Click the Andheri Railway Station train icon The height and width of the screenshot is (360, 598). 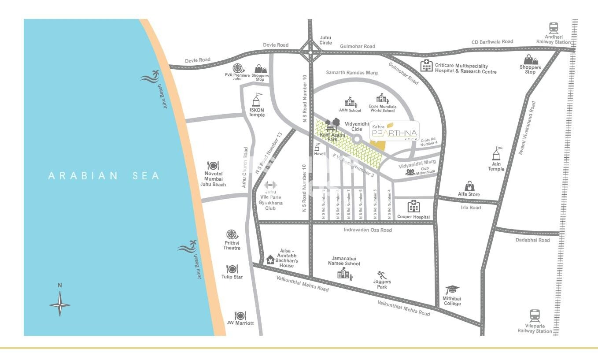click(554, 28)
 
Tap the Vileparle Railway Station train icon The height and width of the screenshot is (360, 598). click(535, 316)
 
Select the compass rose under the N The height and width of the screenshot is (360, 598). click(60, 304)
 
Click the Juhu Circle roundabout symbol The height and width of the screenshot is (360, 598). click(310, 52)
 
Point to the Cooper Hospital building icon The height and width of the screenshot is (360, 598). click(413, 206)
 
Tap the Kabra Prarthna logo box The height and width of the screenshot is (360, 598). click(394, 131)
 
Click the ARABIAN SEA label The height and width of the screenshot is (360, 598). click(104, 176)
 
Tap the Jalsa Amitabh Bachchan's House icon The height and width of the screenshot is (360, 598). click(270, 260)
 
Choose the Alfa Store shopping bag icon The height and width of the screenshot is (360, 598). click(469, 186)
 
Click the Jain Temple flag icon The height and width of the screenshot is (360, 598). click(497, 154)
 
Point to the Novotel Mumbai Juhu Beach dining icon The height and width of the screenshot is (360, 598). click(213, 166)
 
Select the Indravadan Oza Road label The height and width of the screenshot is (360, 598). click(368, 230)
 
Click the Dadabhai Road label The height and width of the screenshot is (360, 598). click(532, 240)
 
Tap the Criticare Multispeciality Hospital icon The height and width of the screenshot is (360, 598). click(426, 66)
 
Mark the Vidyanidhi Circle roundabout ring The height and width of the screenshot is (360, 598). click(357, 139)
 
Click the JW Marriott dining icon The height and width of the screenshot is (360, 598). click(240, 315)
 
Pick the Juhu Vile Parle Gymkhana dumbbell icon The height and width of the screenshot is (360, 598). click(270, 185)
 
